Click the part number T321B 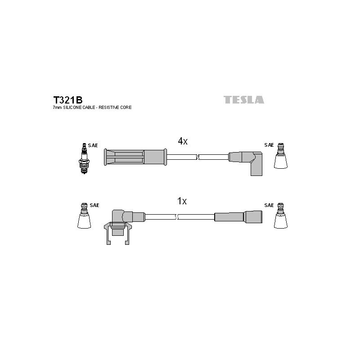(68, 100)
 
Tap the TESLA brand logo (244, 99)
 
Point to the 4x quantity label (183, 141)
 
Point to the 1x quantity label (182, 201)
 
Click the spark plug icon (84, 158)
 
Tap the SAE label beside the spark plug (93, 145)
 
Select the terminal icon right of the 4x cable (280, 156)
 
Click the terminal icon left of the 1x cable (84, 216)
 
